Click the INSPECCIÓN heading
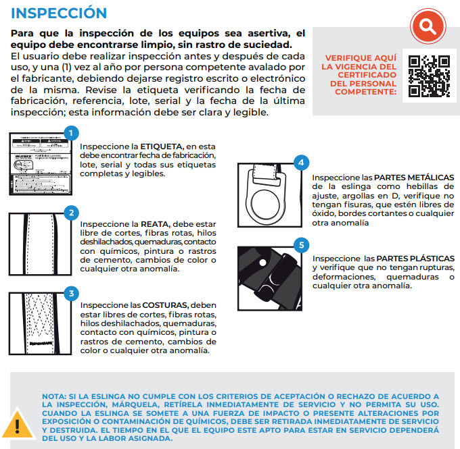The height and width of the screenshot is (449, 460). point(59,14)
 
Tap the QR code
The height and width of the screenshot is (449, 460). point(429,74)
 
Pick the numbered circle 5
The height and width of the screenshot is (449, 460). point(302,244)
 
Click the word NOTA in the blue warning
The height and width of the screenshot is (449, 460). point(53,396)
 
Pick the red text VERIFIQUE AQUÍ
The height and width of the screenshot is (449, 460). point(360,59)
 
